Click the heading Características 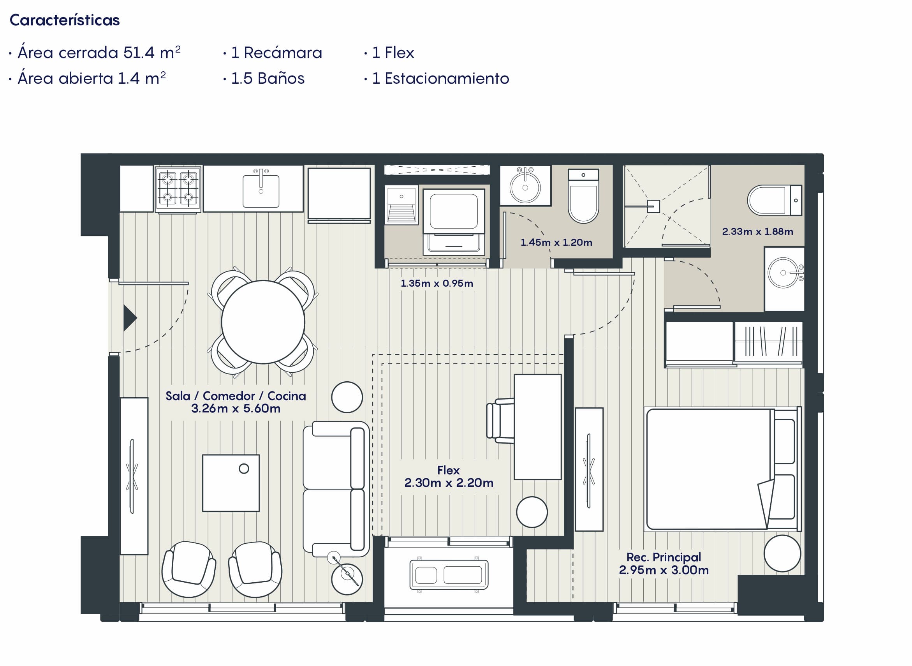(x=65, y=20)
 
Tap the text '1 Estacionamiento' (x=440, y=78)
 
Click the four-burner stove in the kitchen (x=178, y=189)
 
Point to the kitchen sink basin (x=261, y=191)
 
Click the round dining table (x=263, y=322)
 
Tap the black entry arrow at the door (x=130, y=318)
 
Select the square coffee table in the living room (x=231, y=483)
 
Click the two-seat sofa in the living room (x=336, y=489)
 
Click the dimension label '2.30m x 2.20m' (x=449, y=483)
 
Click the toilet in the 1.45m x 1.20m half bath (x=583, y=196)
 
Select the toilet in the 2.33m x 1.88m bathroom (x=775, y=200)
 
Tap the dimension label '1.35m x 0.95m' (x=437, y=283)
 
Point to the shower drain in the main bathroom (x=653, y=206)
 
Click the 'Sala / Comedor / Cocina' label (x=236, y=395)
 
